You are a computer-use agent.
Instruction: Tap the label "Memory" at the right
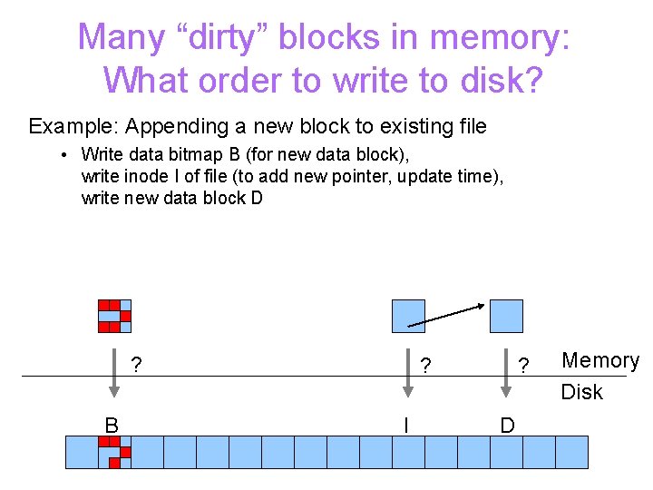tap(600, 360)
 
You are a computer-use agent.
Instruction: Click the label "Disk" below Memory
tap(581, 392)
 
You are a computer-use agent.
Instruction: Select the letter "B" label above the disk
tap(112, 425)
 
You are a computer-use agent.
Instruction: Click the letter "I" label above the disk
tap(406, 425)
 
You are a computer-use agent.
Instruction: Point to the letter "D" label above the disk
tap(507, 425)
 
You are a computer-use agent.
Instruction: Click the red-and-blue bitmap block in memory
tap(114, 316)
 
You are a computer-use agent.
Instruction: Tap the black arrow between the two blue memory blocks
tap(446, 314)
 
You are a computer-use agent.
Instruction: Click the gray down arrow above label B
tap(113, 372)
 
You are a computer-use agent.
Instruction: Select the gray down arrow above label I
tap(407, 372)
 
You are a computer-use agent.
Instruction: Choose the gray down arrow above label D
tap(506, 372)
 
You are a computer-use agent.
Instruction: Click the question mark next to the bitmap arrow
tap(136, 366)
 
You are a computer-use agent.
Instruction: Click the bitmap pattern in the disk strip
tap(114, 451)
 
